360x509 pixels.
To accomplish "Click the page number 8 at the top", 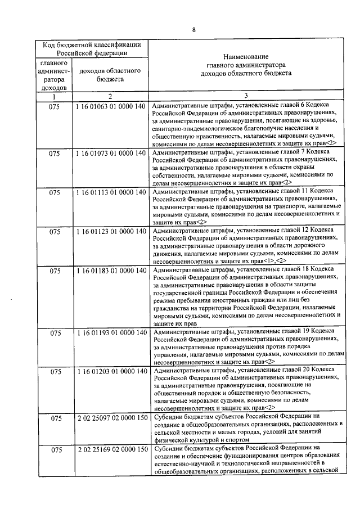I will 193,30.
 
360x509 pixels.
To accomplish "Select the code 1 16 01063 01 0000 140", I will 110,105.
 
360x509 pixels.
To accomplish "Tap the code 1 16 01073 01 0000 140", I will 110,152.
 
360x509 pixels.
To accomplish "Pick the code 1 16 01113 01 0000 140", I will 110,192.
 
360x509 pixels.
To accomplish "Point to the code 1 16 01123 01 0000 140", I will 110,231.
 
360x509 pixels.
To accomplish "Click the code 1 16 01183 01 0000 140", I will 110,271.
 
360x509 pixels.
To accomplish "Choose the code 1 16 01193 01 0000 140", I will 110,334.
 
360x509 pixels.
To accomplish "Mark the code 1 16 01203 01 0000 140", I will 110,372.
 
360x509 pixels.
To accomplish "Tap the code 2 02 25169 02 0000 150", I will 110,449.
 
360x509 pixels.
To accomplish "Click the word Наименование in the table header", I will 245,57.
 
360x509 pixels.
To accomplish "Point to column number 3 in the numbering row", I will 245,96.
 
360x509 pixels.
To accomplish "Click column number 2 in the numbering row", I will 110,96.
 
